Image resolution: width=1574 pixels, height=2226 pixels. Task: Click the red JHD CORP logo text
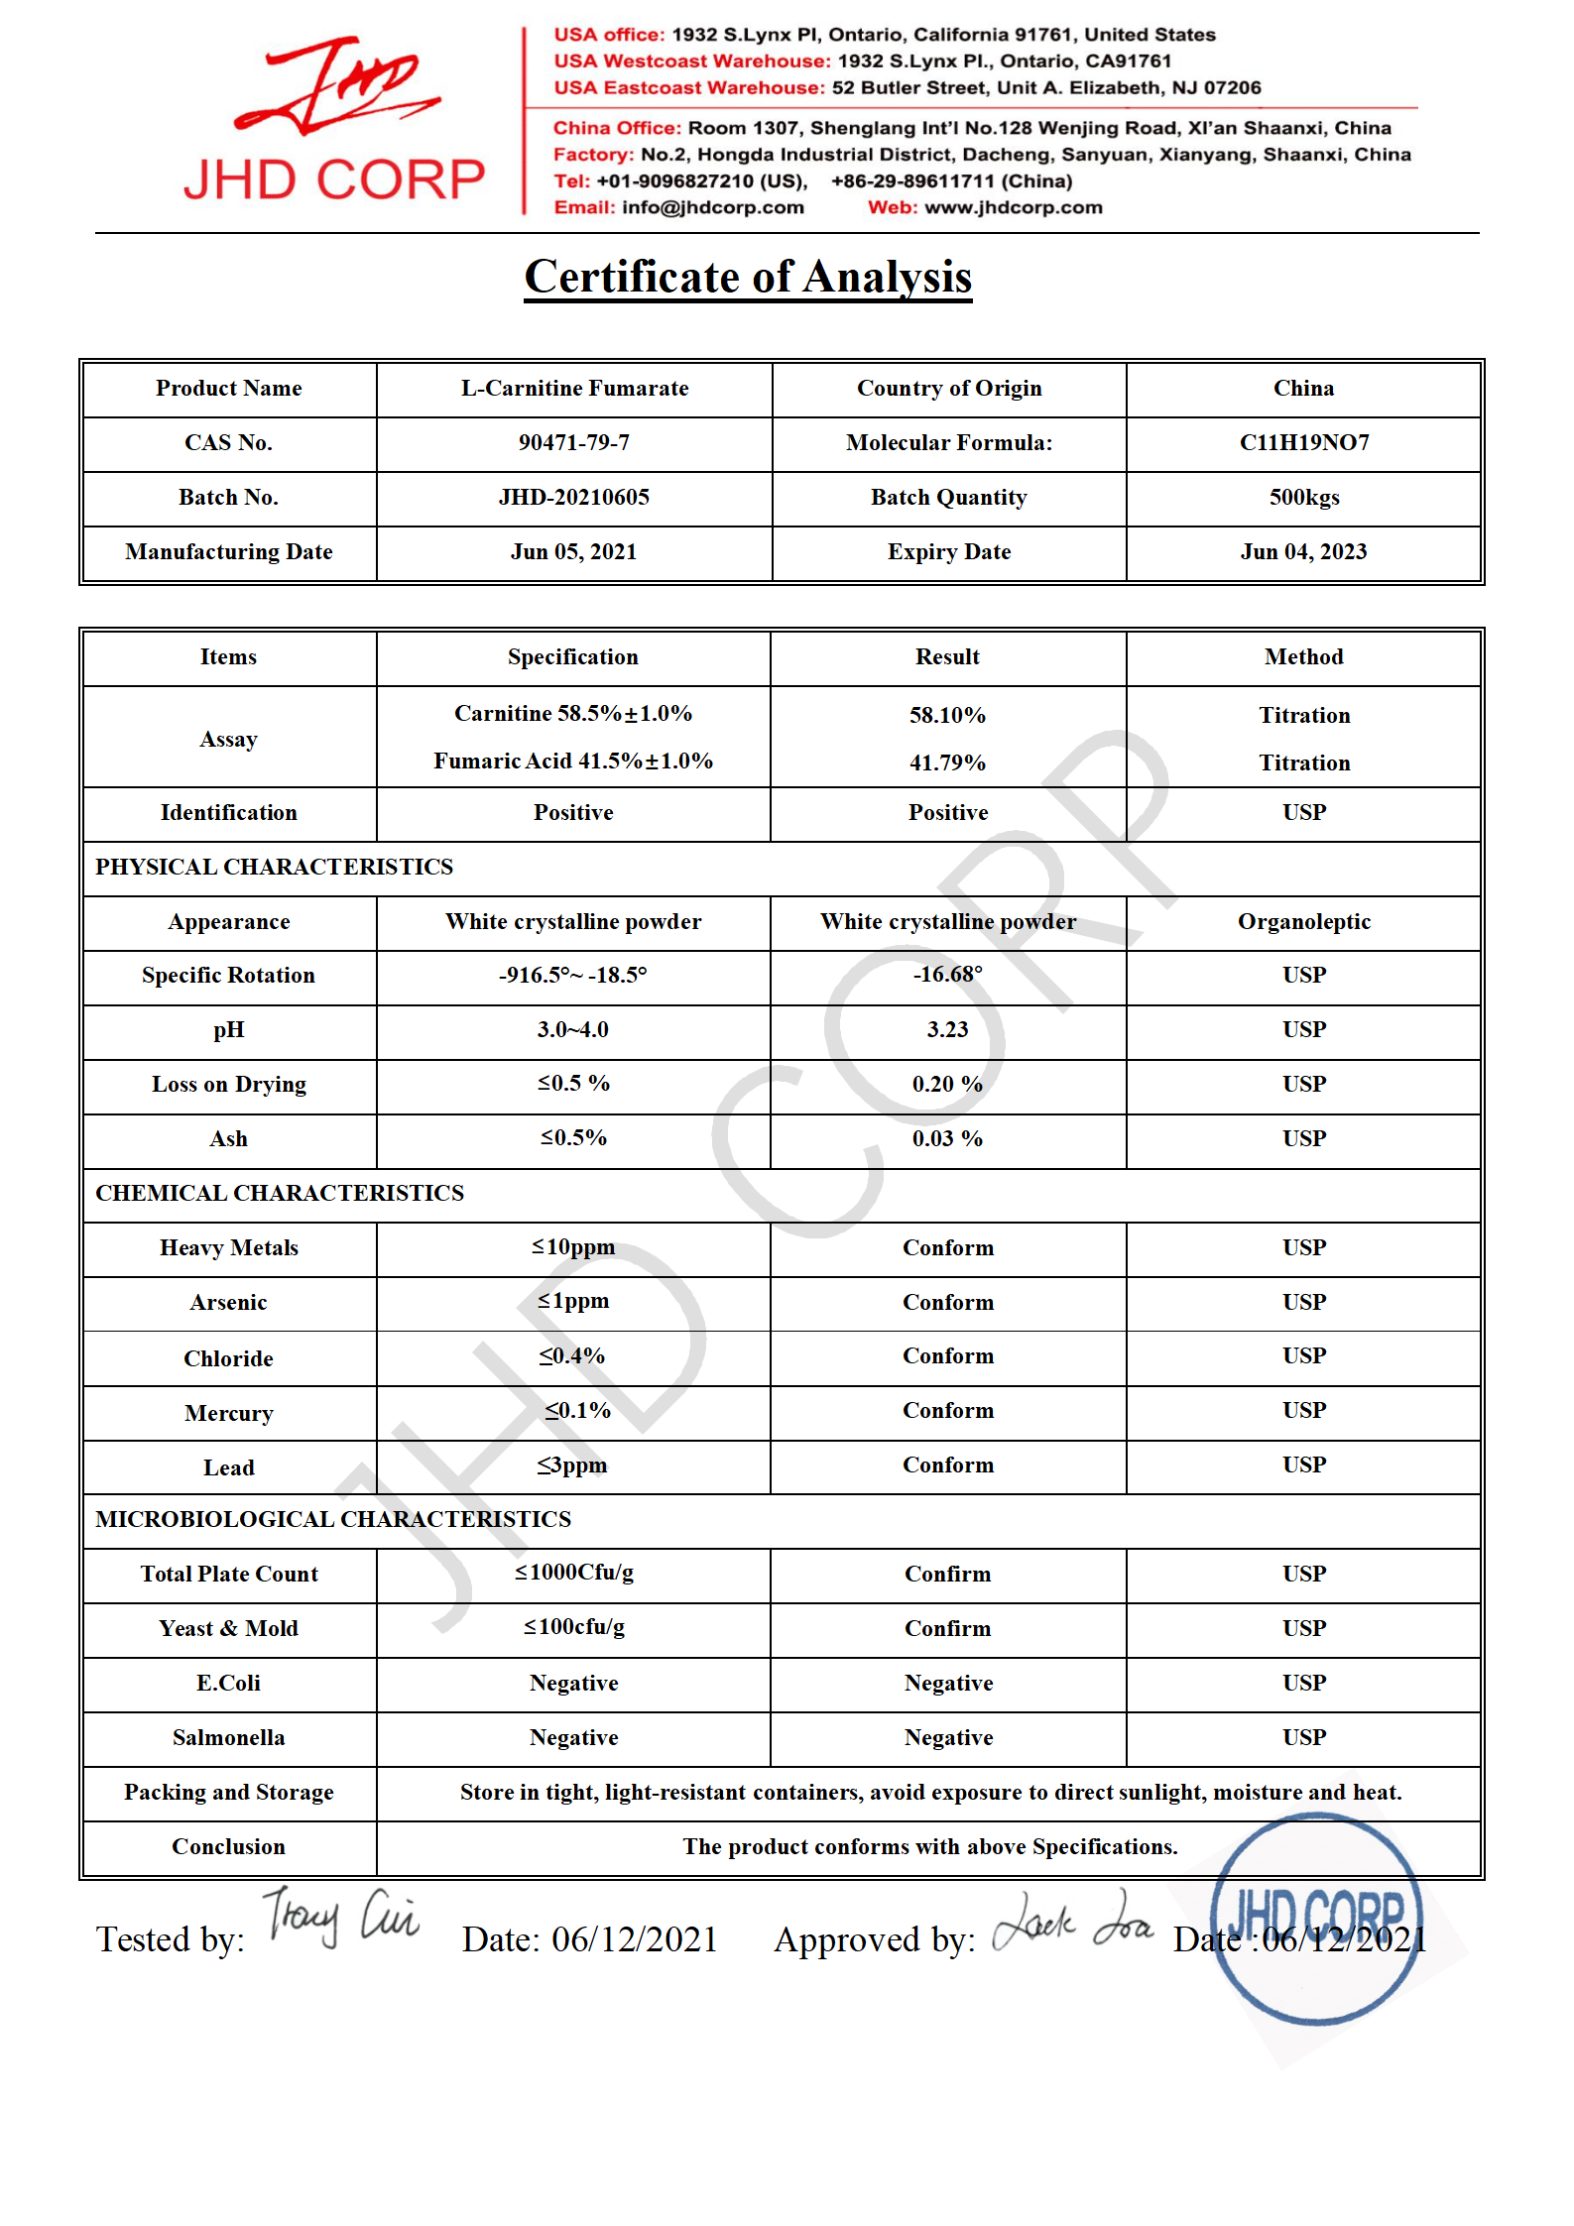point(334,179)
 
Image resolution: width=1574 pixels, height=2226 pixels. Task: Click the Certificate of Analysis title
point(748,277)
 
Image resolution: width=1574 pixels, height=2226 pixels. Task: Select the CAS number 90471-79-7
point(573,442)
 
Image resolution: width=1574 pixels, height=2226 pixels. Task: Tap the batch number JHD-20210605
point(573,497)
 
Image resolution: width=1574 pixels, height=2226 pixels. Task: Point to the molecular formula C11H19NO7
point(1303,442)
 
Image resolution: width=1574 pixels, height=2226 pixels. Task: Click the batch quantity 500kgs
point(1303,497)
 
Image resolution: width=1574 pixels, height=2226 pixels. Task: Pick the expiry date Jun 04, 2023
point(1303,551)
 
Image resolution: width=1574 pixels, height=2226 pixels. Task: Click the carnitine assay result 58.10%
point(947,715)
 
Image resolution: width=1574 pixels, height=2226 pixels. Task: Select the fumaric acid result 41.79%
point(947,762)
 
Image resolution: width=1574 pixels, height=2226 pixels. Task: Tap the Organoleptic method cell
point(1303,921)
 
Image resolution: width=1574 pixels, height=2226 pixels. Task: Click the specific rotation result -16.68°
point(947,975)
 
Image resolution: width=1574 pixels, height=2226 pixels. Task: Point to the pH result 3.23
point(947,1029)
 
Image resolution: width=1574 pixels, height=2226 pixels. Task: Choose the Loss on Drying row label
point(228,1084)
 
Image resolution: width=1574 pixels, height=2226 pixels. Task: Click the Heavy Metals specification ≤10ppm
point(573,1246)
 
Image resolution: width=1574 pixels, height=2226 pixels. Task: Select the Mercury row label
point(228,1413)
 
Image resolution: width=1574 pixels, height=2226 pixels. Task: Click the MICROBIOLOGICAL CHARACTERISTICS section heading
point(333,1519)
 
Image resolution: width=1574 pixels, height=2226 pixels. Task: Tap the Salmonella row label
point(228,1737)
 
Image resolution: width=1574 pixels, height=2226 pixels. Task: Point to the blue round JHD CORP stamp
point(1316,1918)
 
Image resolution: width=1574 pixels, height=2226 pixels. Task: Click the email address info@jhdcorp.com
point(712,207)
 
